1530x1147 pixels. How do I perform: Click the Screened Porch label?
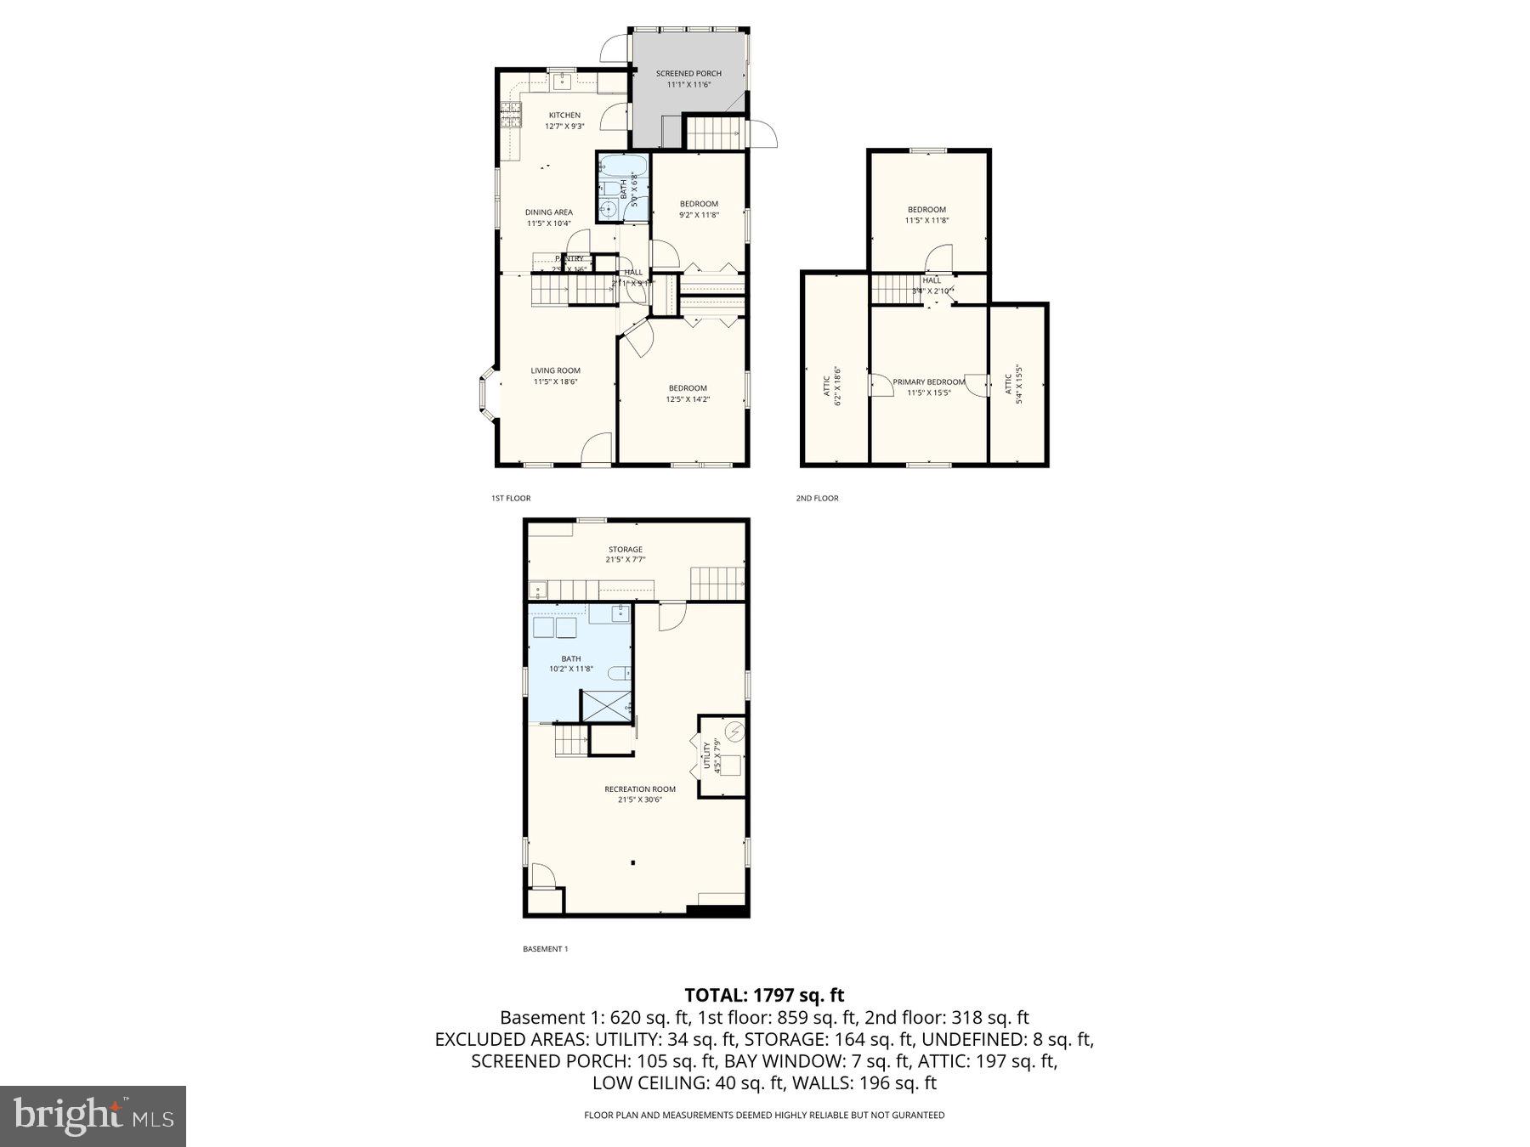click(x=688, y=74)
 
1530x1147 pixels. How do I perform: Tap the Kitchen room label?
click(x=564, y=116)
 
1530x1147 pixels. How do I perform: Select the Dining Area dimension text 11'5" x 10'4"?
click(x=548, y=223)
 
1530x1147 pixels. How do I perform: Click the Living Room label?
click(x=555, y=370)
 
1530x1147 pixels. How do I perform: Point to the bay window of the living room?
click(x=485, y=393)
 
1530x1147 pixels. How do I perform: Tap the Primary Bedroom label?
click(x=928, y=382)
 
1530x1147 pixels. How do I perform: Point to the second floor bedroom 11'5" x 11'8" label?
click(x=926, y=215)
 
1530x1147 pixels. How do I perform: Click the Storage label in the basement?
click(x=625, y=550)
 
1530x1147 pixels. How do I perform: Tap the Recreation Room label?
click(x=640, y=789)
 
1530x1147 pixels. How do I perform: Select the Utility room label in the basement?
click(x=705, y=756)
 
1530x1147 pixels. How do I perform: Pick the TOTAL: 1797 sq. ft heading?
click(x=764, y=995)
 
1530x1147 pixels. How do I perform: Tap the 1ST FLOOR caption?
click(x=510, y=498)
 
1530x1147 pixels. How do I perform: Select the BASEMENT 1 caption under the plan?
click(x=544, y=949)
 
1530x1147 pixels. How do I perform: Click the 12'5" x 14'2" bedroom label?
click(x=688, y=393)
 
